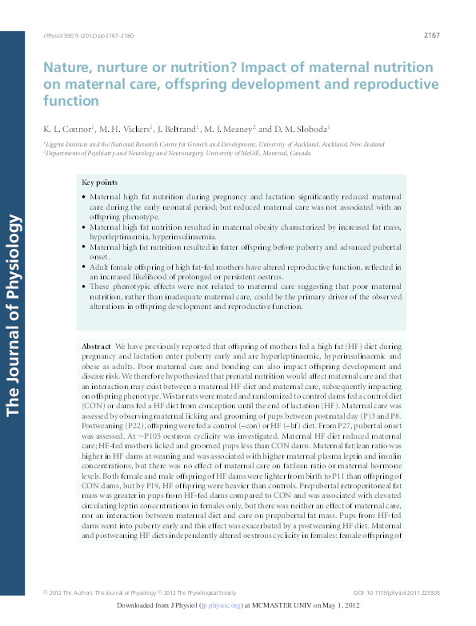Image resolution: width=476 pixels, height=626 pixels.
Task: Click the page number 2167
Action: click(x=431, y=37)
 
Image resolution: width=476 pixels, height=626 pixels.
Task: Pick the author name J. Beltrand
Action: click(x=178, y=128)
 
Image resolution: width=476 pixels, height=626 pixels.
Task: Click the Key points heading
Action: click(x=100, y=183)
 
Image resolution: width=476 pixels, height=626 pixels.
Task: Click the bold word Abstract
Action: click(x=97, y=345)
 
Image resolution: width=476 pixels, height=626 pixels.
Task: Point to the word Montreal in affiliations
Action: click(x=274, y=150)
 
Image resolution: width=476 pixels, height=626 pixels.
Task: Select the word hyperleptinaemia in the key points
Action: click(x=120, y=237)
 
